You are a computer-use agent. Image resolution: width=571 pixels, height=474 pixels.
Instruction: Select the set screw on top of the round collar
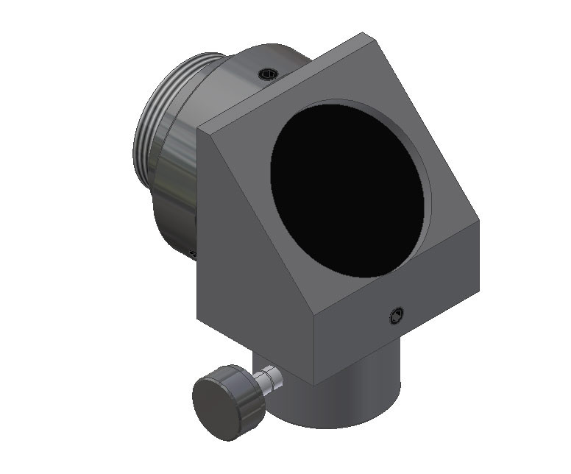pyautogui.click(x=268, y=74)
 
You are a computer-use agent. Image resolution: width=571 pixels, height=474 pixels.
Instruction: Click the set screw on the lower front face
pyautogui.click(x=396, y=316)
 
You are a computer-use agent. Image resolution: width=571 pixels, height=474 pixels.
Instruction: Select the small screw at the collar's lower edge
pyautogui.click(x=193, y=253)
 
